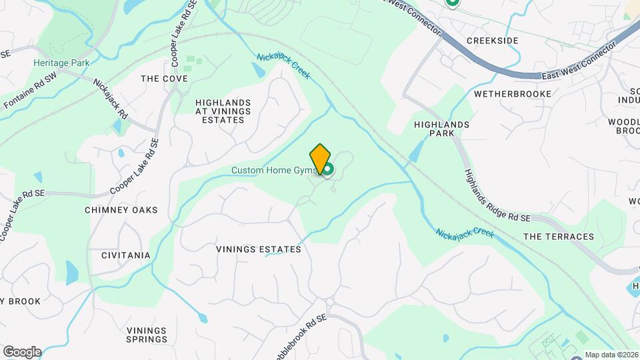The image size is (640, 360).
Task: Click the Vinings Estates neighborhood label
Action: (259, 249)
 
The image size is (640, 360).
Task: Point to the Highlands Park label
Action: (442, 129)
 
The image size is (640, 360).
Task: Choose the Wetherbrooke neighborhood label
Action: (513, 94)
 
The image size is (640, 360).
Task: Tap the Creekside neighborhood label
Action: (492, 41)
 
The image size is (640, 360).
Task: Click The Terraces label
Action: (559, 237)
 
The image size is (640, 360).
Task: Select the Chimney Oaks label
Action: (121, 210)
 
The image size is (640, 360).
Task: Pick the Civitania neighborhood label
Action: (126, 255)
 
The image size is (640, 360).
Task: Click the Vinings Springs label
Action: (147, 335)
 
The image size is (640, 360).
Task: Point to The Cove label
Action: (164, 79)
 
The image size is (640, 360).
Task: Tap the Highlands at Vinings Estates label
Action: (223, 111)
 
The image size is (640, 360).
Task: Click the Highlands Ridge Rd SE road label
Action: (497, 195)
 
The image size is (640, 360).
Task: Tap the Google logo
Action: (22, 352)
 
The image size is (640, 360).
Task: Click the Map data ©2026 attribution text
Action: (611, 355)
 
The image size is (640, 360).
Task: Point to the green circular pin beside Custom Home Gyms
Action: (328, 175)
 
